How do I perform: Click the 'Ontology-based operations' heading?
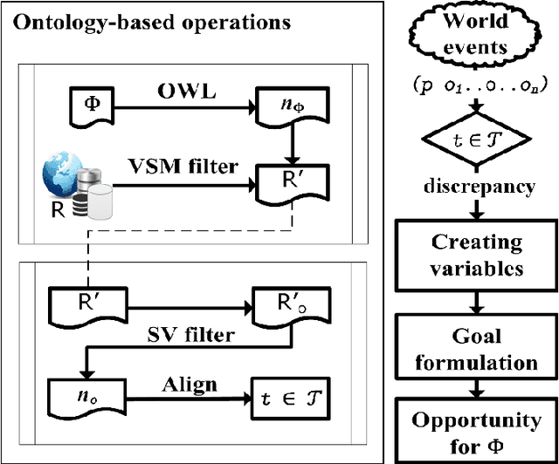click(x=151, y=23)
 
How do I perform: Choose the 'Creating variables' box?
click(x=477, y=255)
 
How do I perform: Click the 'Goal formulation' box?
click(x=477, y=349)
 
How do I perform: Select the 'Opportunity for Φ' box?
click(x=477, y=432)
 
